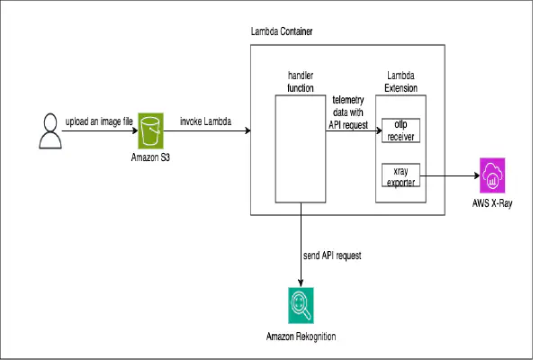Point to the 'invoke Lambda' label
click(x=204, y=121)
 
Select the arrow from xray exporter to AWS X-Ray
click(x=450, y=176)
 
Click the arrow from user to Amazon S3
click(x=97, y=132)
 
